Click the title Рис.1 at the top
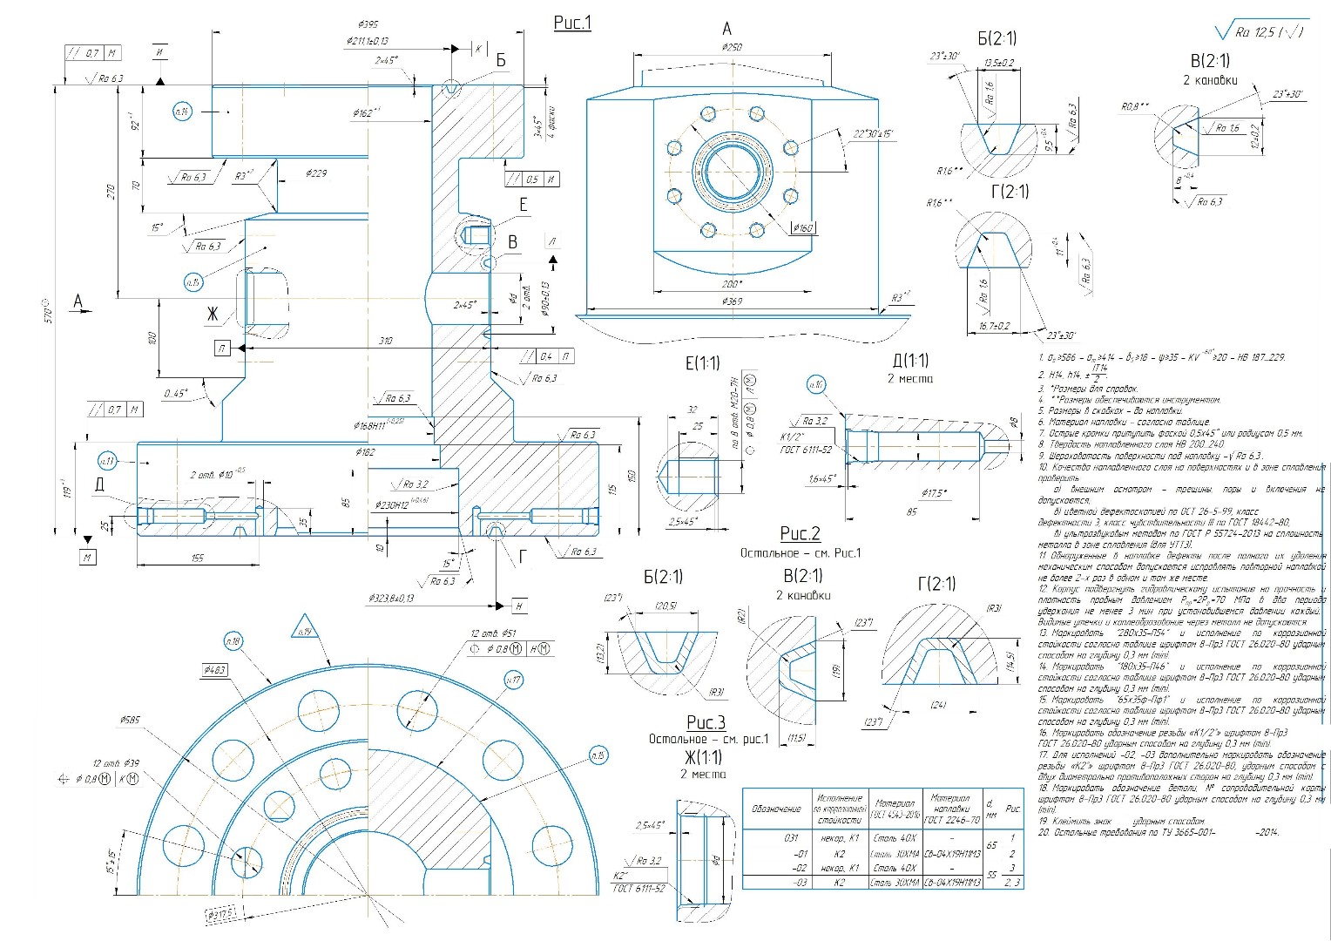572,23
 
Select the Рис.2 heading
800,533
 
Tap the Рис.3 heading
706,722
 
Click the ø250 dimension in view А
732,47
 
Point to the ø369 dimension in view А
732,301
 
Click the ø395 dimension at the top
368,24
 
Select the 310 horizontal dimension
386,341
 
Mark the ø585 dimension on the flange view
130,720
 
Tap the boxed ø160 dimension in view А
802,228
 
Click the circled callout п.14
182,111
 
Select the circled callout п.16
815,385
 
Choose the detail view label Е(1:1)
702,362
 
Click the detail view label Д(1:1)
910,360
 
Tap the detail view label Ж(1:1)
702,756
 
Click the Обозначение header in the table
776,809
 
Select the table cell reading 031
789,838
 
